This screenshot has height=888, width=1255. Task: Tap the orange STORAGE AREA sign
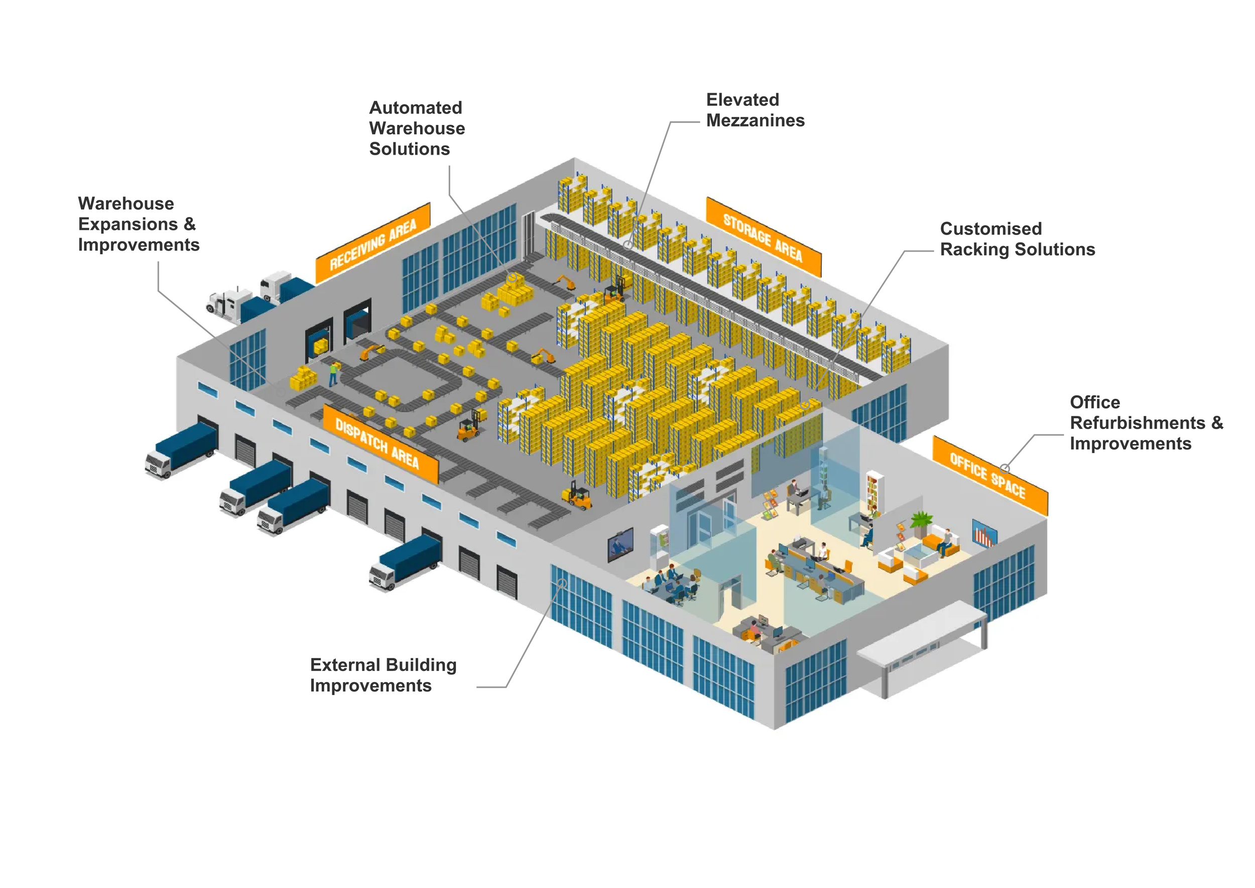[763, 237]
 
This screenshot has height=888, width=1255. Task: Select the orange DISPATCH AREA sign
[380, 443]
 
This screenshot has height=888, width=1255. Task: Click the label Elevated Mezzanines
[755, 110]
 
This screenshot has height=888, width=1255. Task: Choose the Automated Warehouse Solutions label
[417, 128]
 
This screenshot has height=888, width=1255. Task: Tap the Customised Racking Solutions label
[1017, 239]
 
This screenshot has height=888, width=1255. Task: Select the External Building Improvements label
[383, 675]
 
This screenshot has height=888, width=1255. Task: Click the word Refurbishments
[1138, 423]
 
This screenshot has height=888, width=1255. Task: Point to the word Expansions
[128, 224]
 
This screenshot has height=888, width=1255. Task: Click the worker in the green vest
[333, 374]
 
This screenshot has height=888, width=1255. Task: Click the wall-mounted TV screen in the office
[620, 544]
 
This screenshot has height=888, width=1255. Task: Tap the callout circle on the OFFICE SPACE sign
[1005, 468]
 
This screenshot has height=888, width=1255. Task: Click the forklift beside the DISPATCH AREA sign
[468, 426]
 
